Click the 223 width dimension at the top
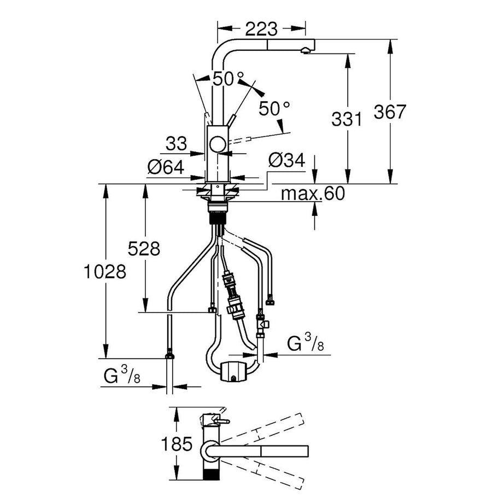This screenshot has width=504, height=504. point(261,28)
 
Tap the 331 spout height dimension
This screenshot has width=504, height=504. point(347,119)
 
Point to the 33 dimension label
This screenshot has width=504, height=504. point(175,144)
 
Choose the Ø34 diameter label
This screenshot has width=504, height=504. point(286,161)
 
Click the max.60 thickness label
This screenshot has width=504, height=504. point(313,194)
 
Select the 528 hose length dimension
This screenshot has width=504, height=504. point(144,249)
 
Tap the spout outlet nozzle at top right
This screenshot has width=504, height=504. point(304,51)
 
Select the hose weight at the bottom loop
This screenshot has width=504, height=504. point(233,371)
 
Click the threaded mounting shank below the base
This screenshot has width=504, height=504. point(217,211)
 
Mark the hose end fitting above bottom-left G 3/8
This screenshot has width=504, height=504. point(169,356)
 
